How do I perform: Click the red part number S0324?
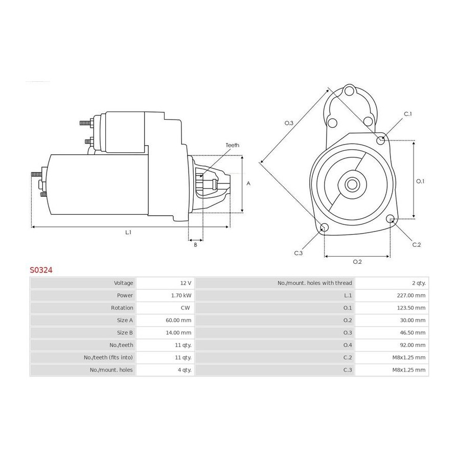(x=41, y=270)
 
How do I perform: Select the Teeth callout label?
(x=233, y=145)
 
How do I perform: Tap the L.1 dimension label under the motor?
(x=128, y=233)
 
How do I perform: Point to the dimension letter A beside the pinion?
(x=248, y=183)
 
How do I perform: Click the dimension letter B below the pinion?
(x=196, y=245)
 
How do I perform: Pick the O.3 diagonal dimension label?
(x=289, y=123)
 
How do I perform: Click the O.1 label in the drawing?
(x=420, y=181)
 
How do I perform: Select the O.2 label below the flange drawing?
(x=357, y=262)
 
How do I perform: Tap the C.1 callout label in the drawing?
(x=408, y=114)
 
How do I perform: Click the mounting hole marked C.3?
(x=324, y=227)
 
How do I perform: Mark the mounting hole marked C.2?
(x=390, y=219)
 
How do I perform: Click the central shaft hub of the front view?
(x=352, y=185)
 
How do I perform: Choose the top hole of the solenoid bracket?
(x=349, y=90)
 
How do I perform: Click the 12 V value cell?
(x=186, y=283)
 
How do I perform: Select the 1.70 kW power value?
(x=181, y=295)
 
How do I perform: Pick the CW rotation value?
(x=185, y=308)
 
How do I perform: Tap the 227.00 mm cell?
(x=411, y=295)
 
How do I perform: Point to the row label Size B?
(x=125, y=333)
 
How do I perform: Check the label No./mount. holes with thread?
(x=315, y=283)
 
